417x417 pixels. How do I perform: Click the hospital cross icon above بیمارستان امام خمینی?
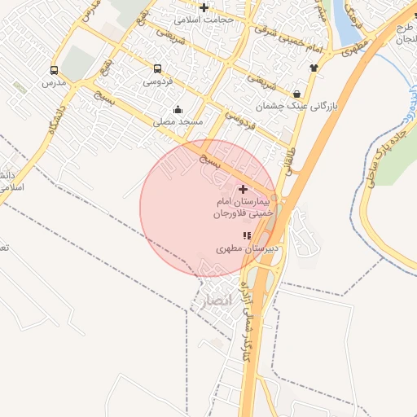pyautogui.click(x=243, y=190)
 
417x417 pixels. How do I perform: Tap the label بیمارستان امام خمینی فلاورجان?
pyautogui.click(x=242, y=207)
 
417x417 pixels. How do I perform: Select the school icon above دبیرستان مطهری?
pyautogui.click(x=247, y=235)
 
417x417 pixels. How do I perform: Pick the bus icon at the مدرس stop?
pyautogui.click(x=54, y=70)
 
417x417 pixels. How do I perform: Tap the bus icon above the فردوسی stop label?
pyautogui.click(x=156, y=68)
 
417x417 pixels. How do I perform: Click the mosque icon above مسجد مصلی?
pyautogui.click(x=178, y=110)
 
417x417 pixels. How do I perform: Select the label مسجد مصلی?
pyautogui.click(x=180, y=121)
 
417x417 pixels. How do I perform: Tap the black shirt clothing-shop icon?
pyautogui.click(x=313, y=68)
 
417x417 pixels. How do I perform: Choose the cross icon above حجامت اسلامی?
pyautogui.click(x=204, y=7)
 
